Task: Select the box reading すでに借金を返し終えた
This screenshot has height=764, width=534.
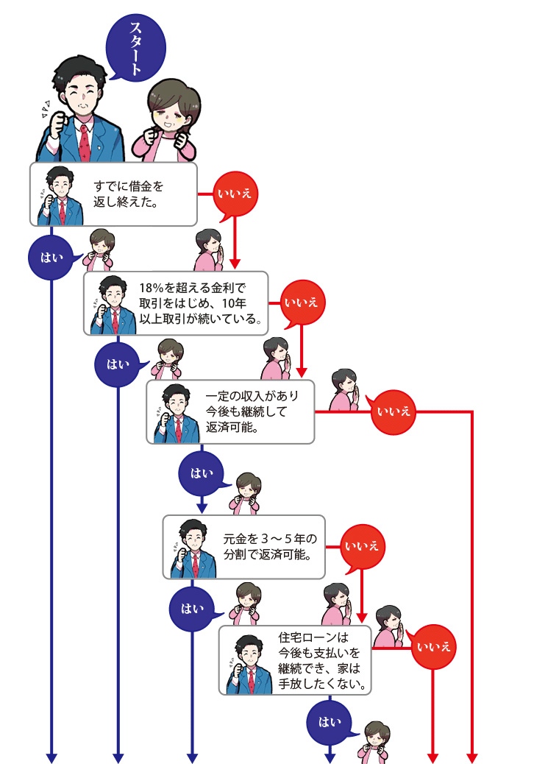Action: coord(113,194)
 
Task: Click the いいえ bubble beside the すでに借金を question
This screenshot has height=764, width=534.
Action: coord(234,194)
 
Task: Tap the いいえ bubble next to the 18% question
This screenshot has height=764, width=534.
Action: coord(302,302)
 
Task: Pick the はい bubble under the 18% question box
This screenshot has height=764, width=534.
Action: coord(118,364)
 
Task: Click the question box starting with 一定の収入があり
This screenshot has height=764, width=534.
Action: coord(230,411)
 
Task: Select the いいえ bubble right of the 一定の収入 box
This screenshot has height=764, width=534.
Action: coord(394,411)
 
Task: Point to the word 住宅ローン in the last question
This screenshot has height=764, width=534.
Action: coord(312,637)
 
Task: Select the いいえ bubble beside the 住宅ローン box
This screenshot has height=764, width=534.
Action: coord(432,648)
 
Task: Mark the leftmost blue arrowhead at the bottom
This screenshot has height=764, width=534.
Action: coord(51,757)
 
